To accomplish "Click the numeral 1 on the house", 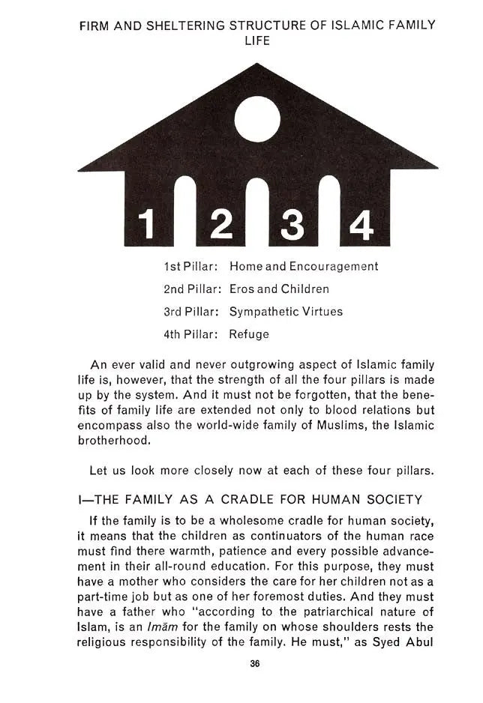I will pos(149,224).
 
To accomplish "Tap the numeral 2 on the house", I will pos(221,224).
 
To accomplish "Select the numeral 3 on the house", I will pos(293,224).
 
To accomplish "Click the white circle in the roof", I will pos(257,120).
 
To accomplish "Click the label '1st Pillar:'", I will pos(190,266).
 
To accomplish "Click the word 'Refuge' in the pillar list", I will pos(249,334).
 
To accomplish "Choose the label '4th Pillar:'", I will pos(190,334).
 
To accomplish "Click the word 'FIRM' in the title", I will pos(95,25).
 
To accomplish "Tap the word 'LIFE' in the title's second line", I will pos(257,40).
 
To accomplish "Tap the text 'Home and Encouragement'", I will pos(304,266).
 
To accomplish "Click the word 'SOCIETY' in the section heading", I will pos(391,500).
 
